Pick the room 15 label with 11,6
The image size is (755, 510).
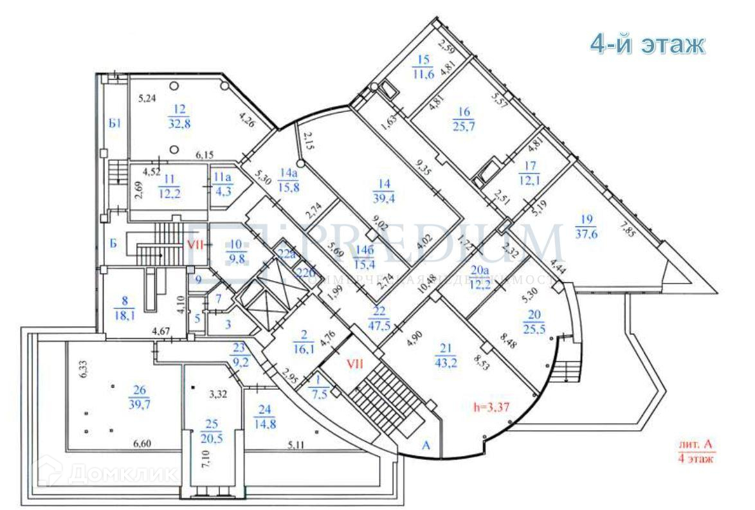coord(423,67)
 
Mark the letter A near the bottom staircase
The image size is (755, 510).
coord(426,444)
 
